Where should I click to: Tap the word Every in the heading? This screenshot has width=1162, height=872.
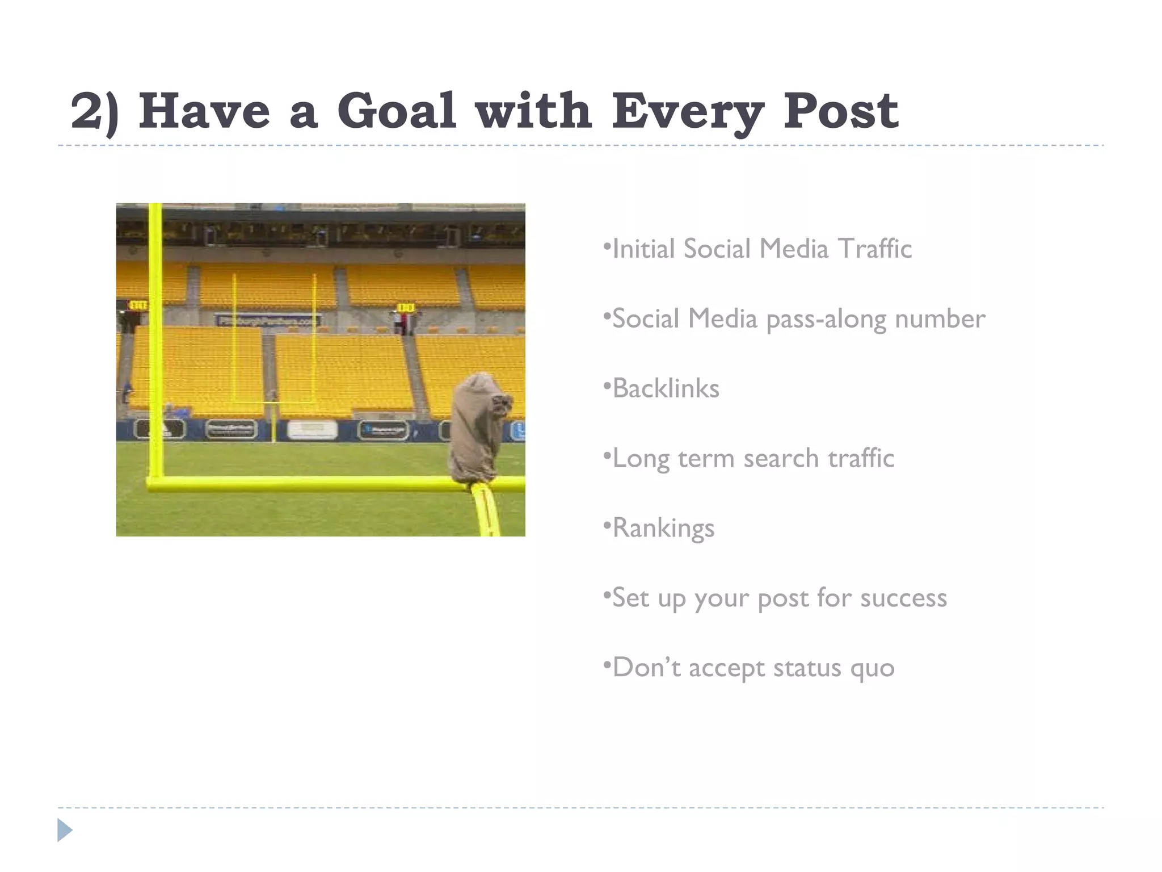(687, 112)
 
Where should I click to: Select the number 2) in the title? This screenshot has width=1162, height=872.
(94, 112)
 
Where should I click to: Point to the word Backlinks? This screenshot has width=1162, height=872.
(666, 389)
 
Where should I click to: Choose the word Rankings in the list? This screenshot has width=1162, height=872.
(664, 529)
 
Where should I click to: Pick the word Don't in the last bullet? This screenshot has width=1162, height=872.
(646, 668)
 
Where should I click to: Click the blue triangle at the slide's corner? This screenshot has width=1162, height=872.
(65, 830)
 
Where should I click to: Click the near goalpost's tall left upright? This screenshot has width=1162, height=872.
(155, 341)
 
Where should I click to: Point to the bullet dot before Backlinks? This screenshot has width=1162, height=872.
(607, 386)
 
